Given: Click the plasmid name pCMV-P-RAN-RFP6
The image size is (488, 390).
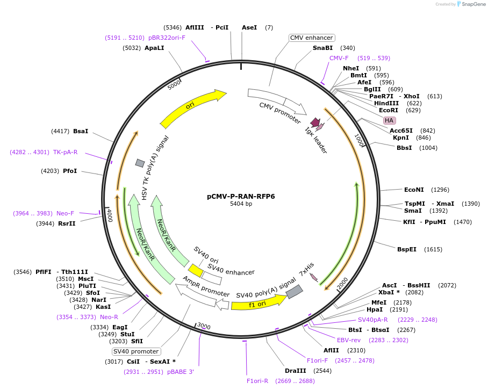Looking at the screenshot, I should pos(241,197).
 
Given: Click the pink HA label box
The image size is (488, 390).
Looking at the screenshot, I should pos(389,120).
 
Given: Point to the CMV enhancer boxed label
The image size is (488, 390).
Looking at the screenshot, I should pos(312,38).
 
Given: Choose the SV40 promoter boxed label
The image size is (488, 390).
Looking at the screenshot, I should pos(136,351).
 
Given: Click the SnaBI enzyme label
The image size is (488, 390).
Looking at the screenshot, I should pos(322,48).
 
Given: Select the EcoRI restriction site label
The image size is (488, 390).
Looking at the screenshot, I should pos(389,110).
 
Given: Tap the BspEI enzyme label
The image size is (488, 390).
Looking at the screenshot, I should pos(407,249).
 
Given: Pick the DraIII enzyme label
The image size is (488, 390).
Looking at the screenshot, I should pos(296,371).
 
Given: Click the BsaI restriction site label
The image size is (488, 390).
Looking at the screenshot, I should pos(81,131).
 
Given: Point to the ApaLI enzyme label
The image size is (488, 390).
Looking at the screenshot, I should pos(154,48).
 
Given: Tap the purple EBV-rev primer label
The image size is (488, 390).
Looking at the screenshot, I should pos(349,340).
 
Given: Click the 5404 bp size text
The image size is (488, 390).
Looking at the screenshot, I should pos(241,204).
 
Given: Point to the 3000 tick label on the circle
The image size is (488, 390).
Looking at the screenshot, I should pos(204,326).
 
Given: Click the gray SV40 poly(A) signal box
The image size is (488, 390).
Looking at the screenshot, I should pos(294,292).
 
